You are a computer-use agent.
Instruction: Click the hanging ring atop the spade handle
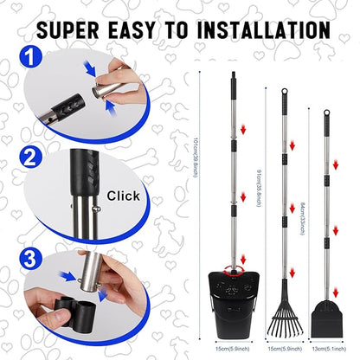click(x=325, y=112)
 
